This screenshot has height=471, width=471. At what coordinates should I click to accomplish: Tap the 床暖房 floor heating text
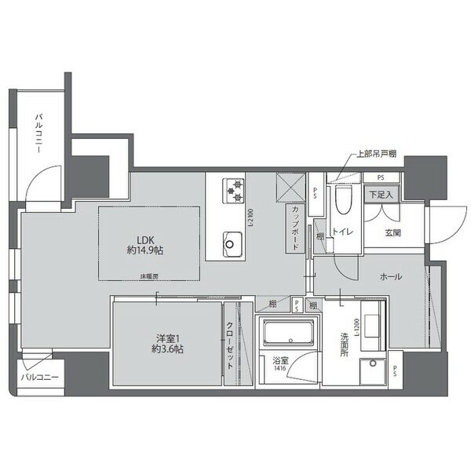[150, 276]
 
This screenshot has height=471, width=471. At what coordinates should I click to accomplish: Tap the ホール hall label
[391, 277]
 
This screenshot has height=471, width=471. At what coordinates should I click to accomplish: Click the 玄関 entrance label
[393, 233]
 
